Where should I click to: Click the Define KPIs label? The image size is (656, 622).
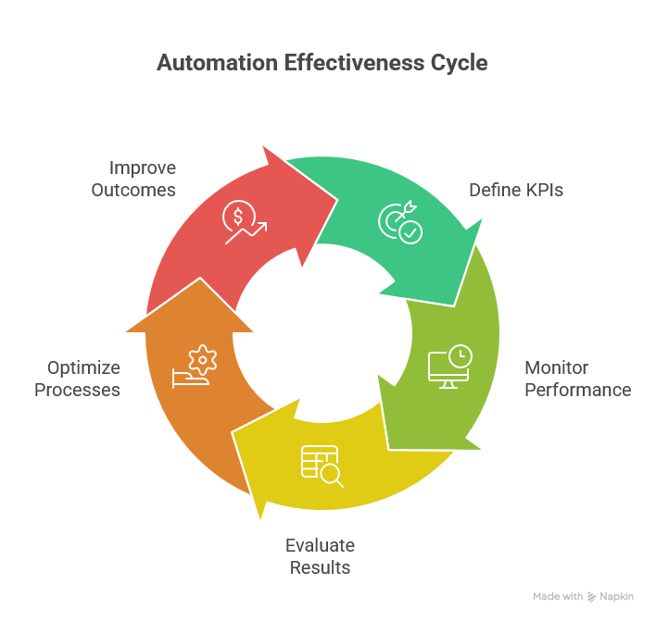point(515,190)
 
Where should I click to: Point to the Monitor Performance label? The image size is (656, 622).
point(577,379)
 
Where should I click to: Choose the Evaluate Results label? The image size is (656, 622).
point(320,555)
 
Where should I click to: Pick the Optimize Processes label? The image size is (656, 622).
point(78,379)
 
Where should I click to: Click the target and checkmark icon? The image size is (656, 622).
point(400,223)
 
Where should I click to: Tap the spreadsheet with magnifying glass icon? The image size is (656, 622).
point(322,465)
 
